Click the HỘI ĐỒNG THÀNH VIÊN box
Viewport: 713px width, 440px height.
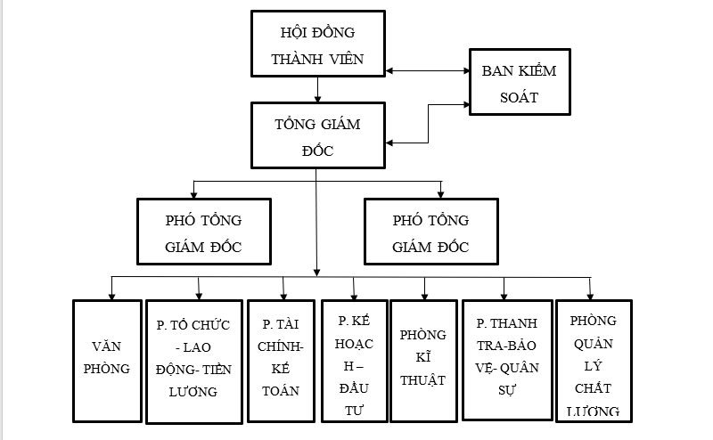click(318, 45)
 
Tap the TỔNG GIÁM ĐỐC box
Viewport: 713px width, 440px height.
click(318, 135)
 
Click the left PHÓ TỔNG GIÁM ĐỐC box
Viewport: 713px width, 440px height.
click(203, 232)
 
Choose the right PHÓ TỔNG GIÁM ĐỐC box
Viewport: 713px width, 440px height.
click(430, 232)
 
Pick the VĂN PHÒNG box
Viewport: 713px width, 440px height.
click(111, 361)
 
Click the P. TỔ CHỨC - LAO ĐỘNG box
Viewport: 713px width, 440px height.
click(193, 362)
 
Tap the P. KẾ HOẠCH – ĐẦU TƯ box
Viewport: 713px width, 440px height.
click(355, 360)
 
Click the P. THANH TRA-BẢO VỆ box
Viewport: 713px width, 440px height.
click(505, 361)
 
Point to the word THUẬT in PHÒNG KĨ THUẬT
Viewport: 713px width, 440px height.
click(422, 380)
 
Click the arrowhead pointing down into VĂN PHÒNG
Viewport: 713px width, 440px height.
click(111, 295)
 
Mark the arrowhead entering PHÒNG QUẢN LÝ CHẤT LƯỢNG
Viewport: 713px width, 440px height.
click(588, 295)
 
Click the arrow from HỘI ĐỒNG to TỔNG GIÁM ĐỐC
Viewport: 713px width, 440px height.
click(318, 89)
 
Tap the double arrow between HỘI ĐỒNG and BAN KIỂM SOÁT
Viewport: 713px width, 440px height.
click(428, 69)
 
